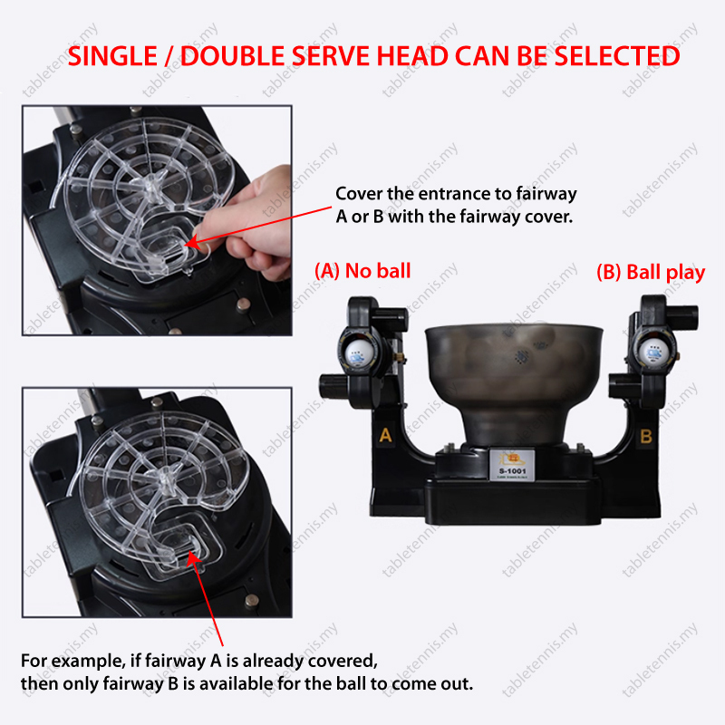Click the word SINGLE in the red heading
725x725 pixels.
coord(112,56)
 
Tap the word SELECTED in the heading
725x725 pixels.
coord(617,56)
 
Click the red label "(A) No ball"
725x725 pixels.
coord(362,271)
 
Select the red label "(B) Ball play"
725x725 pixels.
coord(651,273)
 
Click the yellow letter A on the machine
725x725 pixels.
coord(385,435)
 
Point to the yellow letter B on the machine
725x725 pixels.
coord(646,436)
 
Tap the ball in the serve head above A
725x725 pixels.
coord(358,353)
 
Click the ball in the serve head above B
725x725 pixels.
coord(652,351)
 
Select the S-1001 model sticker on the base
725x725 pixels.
coord(512,465)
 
